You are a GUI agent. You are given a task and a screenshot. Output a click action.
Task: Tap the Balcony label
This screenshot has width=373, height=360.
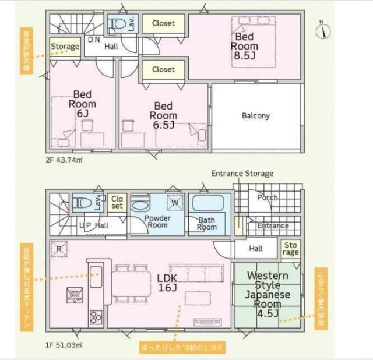pyautogui.click(x=256, y=115)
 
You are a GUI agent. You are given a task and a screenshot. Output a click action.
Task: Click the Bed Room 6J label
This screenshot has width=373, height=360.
pyautogui.click(x=82, y=104)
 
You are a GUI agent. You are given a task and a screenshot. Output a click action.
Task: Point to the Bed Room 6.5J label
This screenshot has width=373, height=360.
pyautogui.click(x=163, y=115)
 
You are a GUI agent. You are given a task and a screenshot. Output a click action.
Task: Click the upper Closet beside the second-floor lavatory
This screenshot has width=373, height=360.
pyautogui.click(x=163, y=23)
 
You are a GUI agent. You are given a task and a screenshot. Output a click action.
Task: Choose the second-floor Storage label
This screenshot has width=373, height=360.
pyautogui.click(x=65, y=47)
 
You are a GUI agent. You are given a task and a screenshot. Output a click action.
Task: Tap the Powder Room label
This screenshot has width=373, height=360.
pyautogui.click(x=157, y=221)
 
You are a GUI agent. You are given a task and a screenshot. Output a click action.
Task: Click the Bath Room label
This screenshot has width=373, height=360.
pyautogui.click(x=207, y=224)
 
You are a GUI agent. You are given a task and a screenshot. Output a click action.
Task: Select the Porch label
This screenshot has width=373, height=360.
pyautogui.click(x=267, y=197)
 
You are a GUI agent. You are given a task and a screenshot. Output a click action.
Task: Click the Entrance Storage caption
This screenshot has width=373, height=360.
pyautogui.click(x=242, y=174)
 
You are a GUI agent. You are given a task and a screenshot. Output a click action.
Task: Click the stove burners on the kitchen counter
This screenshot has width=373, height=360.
pyautogui.click(x=96, y=318)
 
